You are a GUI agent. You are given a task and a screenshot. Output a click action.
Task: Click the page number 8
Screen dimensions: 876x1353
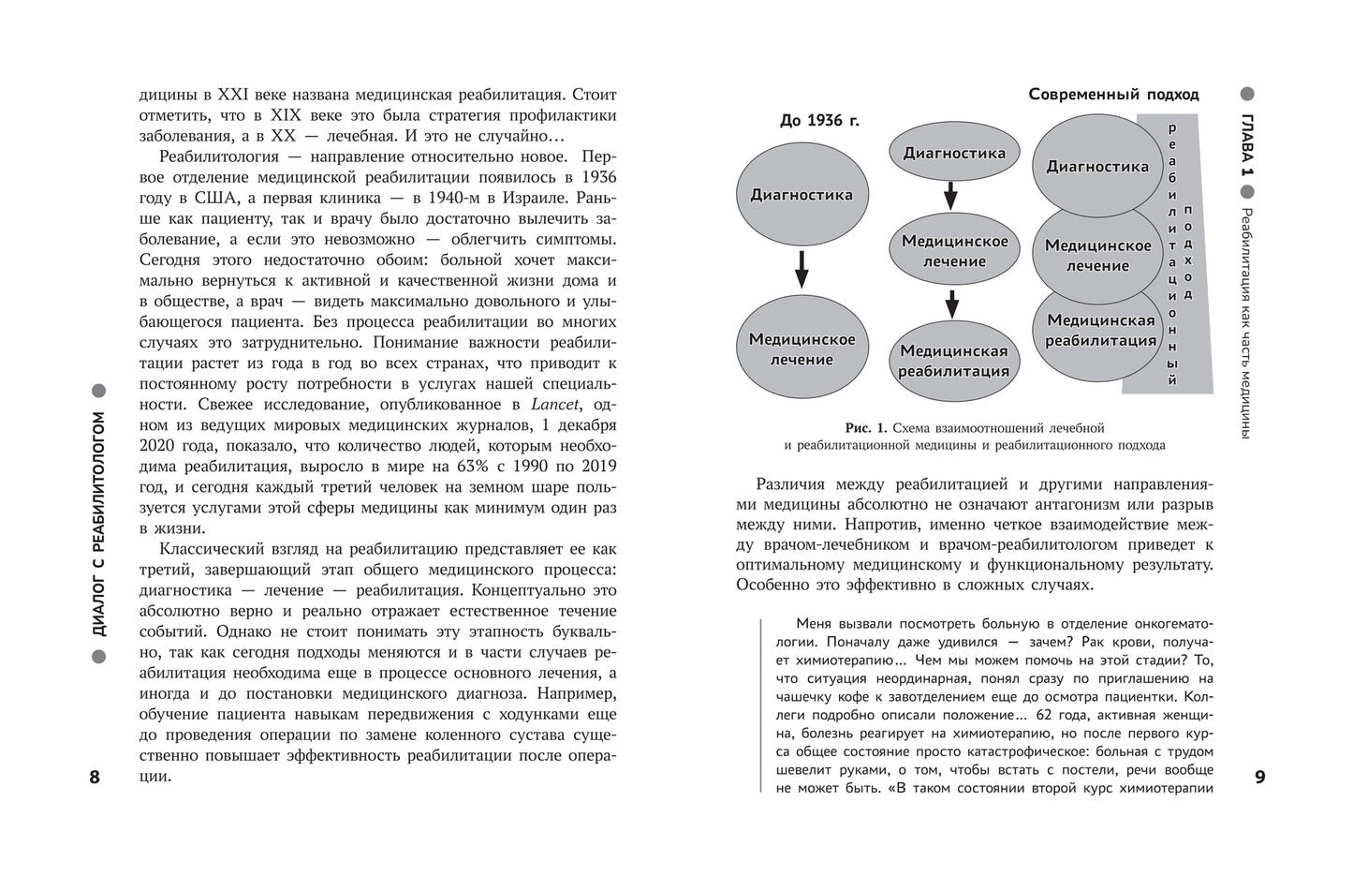point(94,777)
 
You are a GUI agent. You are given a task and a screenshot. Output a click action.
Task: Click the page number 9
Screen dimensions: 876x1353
point(1259,777)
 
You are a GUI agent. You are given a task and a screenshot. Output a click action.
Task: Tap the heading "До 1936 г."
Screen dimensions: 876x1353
point(819,121)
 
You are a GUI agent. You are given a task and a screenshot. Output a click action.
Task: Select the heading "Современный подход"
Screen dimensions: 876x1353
point(1113,95)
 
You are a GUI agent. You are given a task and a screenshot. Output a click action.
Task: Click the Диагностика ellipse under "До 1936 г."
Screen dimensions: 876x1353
point(802,195)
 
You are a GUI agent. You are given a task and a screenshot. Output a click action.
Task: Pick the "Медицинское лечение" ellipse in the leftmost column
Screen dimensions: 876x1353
point(802,349)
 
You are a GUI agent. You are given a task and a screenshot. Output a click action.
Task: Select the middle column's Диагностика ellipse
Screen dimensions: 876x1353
point(953,153)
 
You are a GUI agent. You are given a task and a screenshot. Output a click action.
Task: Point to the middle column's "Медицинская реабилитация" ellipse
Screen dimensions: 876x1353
point(953,361)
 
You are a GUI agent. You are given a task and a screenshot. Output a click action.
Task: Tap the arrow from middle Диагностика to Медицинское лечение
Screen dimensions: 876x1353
point(950,196)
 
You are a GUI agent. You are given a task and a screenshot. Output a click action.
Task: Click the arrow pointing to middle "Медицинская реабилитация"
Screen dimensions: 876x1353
point(952,304)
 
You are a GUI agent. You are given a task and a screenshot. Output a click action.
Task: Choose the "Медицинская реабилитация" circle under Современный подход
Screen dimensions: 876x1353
point(1100,331)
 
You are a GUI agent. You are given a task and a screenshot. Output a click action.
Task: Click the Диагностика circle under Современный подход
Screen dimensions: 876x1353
point(1096,167)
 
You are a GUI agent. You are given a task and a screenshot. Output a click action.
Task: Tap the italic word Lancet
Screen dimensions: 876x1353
point(556,404)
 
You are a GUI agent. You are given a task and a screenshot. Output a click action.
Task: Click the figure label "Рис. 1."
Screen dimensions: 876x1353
point(865,428)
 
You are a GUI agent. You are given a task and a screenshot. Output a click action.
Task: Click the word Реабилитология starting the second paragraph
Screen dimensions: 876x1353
point(216,156)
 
